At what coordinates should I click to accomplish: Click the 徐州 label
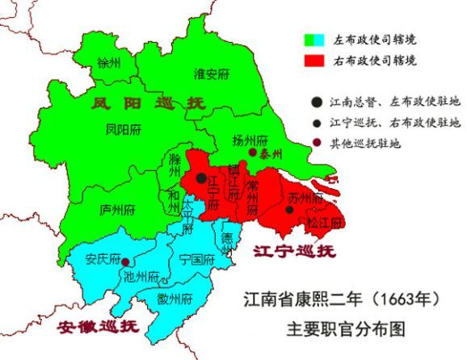pos(107,63)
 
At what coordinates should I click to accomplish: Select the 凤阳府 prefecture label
pos(123,128)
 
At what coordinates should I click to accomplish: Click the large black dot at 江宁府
pos(200,178)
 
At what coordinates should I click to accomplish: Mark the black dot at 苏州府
pos(289,209)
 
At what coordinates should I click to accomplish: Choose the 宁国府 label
pos(197,260)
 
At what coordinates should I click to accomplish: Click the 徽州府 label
pos(175,299)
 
